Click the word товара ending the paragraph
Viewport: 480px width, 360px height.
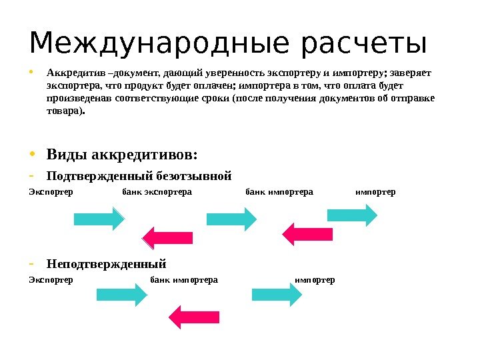click(66, 112)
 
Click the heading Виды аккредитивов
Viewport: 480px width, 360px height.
click(122, 155)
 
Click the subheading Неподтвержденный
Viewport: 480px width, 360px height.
click(106, 262)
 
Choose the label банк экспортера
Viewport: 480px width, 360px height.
click(157, 192)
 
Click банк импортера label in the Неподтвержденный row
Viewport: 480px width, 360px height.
click(185, 279)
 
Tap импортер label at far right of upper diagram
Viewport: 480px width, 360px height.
click(375, 192)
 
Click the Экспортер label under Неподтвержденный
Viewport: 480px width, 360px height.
click(51, 279)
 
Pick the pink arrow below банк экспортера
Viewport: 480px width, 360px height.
click(167, 237)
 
